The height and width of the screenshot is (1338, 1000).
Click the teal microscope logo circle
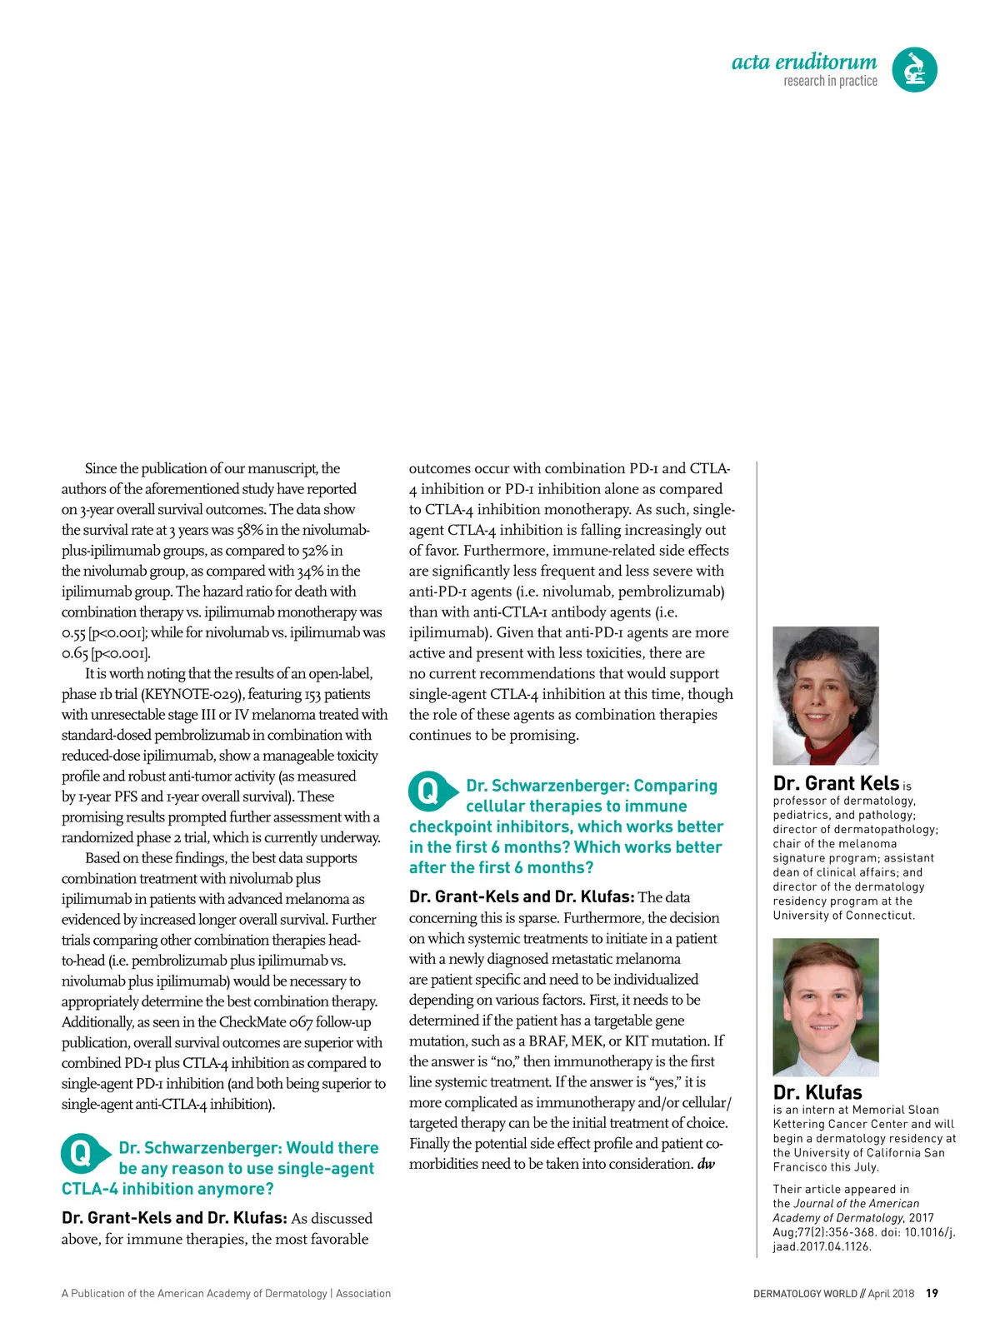[914, 69]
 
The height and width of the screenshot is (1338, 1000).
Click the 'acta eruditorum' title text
[803, 62]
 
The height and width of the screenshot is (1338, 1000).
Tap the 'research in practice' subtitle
[830, 81]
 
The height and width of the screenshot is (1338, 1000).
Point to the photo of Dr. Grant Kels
[825, 695]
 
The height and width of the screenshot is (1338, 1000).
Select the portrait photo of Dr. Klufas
[825, 1006]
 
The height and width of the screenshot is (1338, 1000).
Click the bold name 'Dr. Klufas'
[817, 1092]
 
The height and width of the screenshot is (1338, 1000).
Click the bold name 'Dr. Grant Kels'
[835, 783]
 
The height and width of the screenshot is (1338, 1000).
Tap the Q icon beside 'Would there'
[82, 1154]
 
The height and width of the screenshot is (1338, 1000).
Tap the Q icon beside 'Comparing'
[429, 791]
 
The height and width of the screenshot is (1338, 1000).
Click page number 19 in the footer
[932, 1293]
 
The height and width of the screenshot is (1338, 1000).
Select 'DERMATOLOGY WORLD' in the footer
[804, 1294]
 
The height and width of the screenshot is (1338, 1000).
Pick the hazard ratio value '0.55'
[73, 632]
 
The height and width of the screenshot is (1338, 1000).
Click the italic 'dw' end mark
[706, 1164]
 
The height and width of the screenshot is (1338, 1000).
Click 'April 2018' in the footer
[890, 1294]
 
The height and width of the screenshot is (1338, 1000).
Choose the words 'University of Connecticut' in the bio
[842, 916]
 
